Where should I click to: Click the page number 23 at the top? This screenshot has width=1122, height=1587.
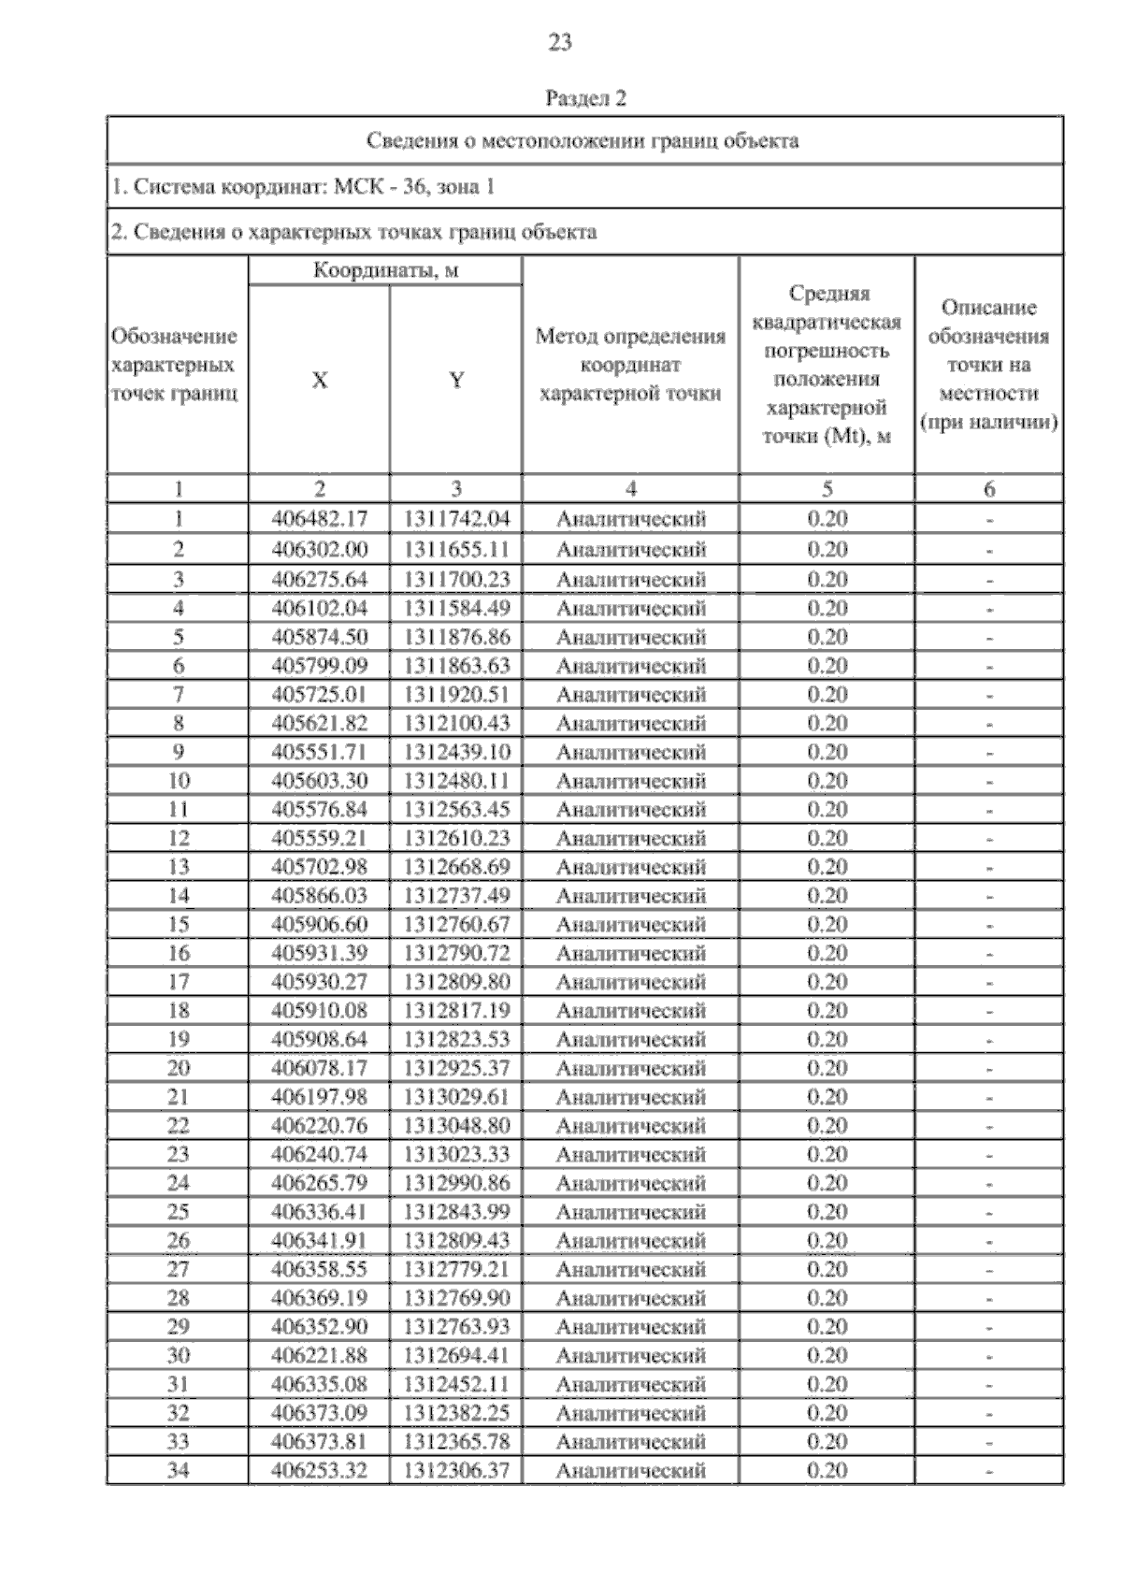559,43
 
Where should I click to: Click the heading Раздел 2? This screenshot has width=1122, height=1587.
584,98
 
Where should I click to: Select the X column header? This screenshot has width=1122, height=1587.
319,381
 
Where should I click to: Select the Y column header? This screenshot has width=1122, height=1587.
456,381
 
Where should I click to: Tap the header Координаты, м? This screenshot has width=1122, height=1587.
385,272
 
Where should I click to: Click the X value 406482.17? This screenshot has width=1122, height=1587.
319,519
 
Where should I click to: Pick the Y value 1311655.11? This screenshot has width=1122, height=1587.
456,549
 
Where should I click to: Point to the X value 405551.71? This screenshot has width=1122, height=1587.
319,752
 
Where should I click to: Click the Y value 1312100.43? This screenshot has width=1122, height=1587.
456,723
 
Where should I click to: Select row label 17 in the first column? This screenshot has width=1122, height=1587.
178,982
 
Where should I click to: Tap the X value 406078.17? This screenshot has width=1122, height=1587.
319,1068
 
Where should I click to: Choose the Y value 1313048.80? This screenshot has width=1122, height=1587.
456,1125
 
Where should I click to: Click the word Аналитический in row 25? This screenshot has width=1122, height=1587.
630,1212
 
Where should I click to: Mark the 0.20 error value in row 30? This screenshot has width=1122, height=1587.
827,1355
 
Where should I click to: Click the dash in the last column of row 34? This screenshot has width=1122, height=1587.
988,1471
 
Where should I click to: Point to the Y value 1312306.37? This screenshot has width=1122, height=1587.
456,1470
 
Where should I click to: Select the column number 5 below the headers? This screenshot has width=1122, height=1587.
827,489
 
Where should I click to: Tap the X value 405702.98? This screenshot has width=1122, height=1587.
319,867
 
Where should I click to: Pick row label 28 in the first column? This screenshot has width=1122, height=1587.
178,1298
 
